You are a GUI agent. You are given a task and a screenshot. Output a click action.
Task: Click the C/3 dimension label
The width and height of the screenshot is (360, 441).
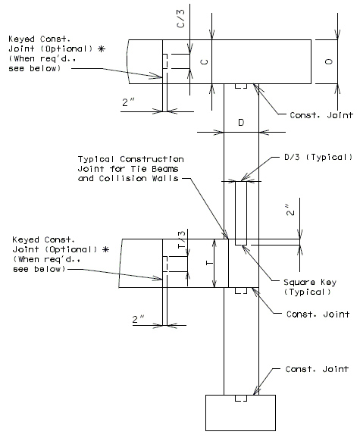coord(181,18)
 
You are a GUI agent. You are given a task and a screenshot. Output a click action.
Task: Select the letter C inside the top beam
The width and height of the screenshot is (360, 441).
coord(205,61)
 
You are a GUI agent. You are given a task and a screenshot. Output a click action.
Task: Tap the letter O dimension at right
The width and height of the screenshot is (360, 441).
coord(329,61)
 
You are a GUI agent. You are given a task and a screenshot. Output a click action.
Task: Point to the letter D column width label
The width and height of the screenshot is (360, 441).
coord(241,123)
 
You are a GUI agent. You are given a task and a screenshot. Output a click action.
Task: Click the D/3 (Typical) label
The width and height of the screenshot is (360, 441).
coord(318,157)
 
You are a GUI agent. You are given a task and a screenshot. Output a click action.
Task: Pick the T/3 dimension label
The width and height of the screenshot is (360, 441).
coord(182,239)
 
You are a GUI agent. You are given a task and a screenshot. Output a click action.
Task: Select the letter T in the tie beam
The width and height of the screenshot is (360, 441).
coord(209,263)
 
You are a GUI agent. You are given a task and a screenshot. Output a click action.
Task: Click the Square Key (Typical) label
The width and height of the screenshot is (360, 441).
coord(310,287)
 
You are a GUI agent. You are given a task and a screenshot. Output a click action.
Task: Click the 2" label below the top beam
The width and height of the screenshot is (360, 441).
coord(128,102)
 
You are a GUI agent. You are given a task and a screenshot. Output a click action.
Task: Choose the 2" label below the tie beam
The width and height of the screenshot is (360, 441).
coord(139,319)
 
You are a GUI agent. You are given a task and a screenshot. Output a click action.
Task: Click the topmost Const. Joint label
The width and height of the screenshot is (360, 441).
coord(321,115)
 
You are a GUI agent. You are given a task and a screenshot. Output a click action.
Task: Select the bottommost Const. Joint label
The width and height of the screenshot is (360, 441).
coord(317,369)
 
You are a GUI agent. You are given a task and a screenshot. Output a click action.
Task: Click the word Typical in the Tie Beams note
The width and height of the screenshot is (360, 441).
coord(95,159)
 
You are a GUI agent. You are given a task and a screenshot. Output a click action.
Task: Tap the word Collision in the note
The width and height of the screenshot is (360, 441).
coord(123,178)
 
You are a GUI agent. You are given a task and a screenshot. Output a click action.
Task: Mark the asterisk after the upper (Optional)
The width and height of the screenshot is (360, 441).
coord(102,49)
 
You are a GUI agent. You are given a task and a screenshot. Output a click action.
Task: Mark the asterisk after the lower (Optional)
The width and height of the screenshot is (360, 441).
coord(106,249)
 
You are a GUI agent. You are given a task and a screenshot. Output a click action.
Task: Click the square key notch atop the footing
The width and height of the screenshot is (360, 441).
coord(241,398)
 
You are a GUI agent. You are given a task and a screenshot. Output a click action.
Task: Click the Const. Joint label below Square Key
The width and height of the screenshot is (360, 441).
coord(318,314)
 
